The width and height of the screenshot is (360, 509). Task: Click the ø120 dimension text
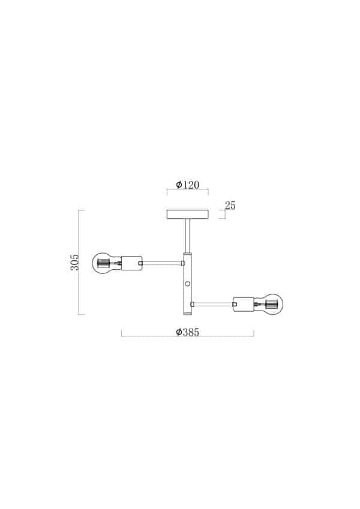click(x=187, y=185)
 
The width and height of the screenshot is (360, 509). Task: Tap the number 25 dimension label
click(x=230, y=206)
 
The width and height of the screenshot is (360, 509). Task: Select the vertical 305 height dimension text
click(x=74, y=262)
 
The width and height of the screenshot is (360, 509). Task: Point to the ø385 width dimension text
click(x=187, y=332)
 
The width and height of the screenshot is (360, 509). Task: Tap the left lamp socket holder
click(x=131, y=263)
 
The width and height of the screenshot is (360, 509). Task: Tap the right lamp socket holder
click(x=244, y=305)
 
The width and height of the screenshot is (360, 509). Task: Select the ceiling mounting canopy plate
click(x=187, y=215)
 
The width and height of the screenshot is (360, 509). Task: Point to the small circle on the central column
click(x=187, y=283)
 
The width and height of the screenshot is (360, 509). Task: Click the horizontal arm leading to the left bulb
click(x=162, y=263)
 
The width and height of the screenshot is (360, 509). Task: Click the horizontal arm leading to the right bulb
click(x=213, y=305)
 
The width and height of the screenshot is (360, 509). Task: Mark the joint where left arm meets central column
click(x=183, y=263)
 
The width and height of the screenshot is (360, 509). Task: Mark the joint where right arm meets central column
click(x=192, y=305)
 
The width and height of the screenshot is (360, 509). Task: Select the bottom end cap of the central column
click(x=187, y=313)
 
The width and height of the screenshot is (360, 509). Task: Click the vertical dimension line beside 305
click(x=80, y=262)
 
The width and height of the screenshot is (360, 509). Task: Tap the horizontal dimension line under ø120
click(x=187, y=192)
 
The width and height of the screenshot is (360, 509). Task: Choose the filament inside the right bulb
click(x=269, y=305)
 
